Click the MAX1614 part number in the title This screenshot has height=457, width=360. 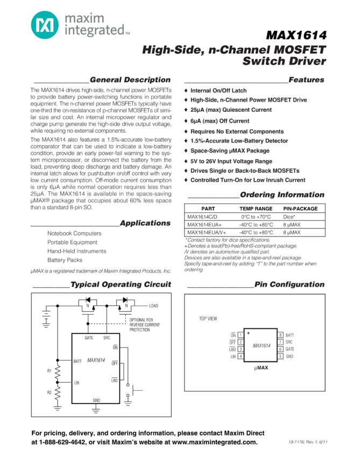[296, 36]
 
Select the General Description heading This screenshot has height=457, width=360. [130, 80]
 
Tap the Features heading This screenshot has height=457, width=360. [306, 80]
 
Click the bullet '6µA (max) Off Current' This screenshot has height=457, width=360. [220, 121]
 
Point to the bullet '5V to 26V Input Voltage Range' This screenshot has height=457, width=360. [231, 161]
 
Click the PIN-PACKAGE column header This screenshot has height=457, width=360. [300, 209]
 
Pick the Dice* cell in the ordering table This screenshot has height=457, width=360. [289, 217]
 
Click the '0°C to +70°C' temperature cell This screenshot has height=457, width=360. [256, 217]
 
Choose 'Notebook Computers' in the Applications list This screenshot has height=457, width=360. [74, 233]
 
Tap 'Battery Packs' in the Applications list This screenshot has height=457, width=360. [65, 260]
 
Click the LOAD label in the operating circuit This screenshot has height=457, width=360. [154, 305]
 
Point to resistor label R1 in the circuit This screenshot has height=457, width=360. [50, 370]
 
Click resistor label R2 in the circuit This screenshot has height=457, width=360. [50, 392]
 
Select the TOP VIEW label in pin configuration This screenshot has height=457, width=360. [208, 319]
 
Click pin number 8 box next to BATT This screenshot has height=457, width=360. [280, 335]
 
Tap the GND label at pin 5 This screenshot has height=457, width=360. [290, 356]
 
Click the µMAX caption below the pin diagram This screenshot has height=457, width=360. [261, 368]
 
